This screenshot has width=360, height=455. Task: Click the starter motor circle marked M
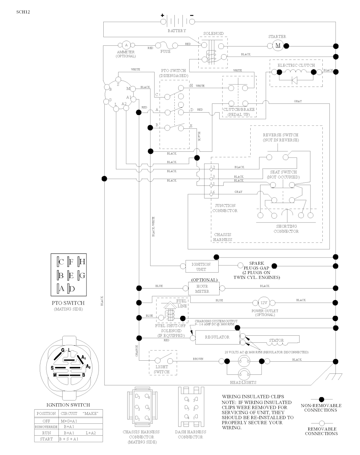[278, 45]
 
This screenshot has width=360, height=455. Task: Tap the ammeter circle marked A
[126, 45]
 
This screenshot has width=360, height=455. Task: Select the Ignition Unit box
[201, 267]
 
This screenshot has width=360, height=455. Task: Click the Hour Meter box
[202, 289]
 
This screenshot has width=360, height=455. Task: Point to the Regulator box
[217, 337]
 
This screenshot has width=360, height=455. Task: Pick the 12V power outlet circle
[264, 303]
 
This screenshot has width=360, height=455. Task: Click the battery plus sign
[162, 15]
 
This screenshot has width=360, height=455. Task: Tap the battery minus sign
[192, 15]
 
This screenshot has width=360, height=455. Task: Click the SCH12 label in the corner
[23, 12]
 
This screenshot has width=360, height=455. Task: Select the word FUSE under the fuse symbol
[165, 51]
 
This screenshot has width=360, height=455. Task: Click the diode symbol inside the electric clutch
[295, 80]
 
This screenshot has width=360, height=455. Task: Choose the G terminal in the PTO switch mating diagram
[81, 275]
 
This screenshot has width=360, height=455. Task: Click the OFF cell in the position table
[46, 421]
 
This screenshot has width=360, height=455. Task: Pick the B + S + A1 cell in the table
[69, 439]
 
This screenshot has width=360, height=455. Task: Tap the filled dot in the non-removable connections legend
[321, 399]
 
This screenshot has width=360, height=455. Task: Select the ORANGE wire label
[137, 350]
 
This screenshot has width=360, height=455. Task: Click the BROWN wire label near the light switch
[198, 359]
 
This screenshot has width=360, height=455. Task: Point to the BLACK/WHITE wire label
[153, 226]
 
